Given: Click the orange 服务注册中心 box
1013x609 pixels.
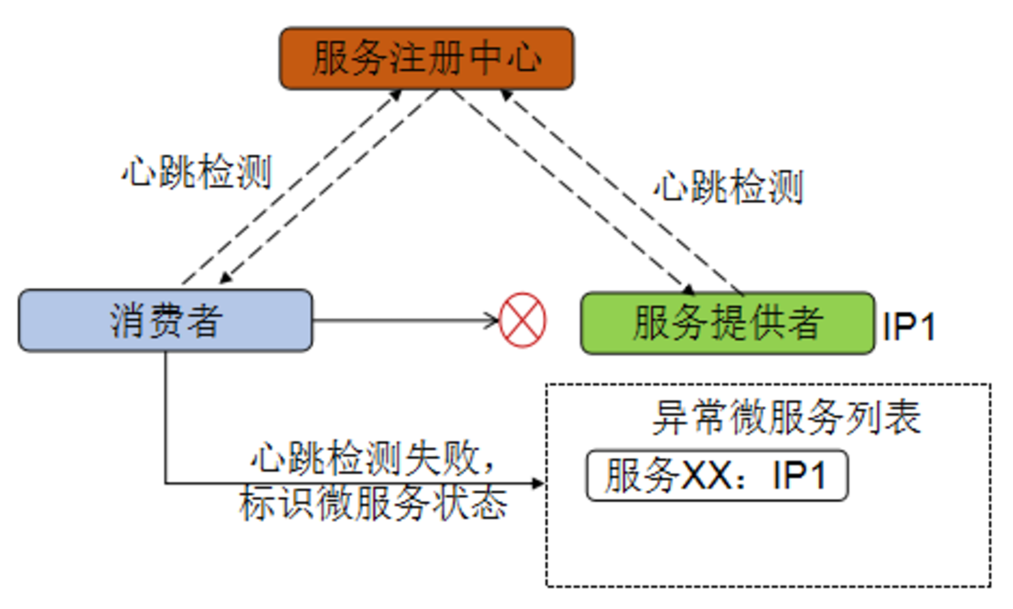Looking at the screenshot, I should pyautogui.click(x=426, y=59).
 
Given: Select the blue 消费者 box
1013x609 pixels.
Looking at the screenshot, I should pyautogui.click(x=165, y=321).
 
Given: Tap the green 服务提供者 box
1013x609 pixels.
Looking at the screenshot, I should pyautogui.click(x=727, y=323).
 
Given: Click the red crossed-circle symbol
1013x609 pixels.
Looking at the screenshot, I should pyautogui.click(x=523, y=321).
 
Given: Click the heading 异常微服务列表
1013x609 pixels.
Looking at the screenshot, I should pyautogui.click(x=785, y=419).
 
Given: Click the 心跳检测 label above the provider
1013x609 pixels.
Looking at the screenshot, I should pyautogui.click(x=728, y=188).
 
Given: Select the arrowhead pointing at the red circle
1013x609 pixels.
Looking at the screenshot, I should pyautogui.click(x=491, y=321).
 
